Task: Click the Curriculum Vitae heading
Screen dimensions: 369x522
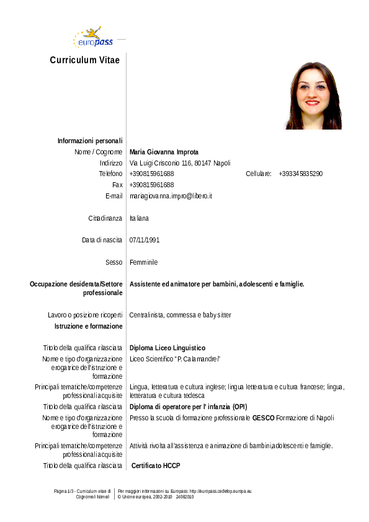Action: (x=84, y=60)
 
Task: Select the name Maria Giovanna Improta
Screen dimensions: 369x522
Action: (x=164, y=152)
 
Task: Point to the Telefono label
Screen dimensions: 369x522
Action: (x=110, y=174)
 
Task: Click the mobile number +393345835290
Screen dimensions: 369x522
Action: (x=300, y=174)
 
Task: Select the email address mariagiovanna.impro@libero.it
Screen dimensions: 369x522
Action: (x=171, y=196)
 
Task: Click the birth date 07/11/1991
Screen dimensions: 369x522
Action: (x=144, y=240)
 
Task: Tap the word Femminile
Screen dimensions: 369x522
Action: (x=144, y=262)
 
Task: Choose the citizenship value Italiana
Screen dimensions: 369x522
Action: (x=139, y=218)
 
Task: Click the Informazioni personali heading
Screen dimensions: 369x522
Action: (x=90, y=141)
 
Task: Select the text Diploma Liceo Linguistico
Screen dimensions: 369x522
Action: (x=167, y=348)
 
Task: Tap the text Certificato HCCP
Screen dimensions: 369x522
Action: (x=156, y=465)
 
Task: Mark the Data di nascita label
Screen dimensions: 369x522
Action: (x=102, y=240)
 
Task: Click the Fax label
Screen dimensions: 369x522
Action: (x=117, y=185)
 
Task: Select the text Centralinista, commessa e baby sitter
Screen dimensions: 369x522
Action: (x=180, y=315)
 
